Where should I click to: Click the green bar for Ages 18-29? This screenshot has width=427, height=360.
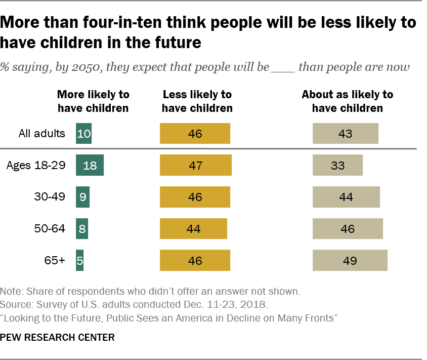pyautogui.click(x=90, y=166)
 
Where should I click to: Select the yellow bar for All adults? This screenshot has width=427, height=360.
pyautogui.click(x=195, y=134)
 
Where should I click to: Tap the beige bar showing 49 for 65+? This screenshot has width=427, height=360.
pyautogui.click(x=350, y=261)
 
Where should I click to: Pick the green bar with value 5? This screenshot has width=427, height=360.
pyautogui.click(x=80, y=261)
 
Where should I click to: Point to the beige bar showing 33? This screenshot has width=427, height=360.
pyautogui.click(x=337, y=166)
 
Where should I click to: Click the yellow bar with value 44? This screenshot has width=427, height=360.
pyautogui.click(x=193, y=229)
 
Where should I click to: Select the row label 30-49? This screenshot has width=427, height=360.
pyautogui.click(x=50, y=197)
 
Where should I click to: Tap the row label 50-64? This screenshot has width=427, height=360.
pyautogui.click(x=50, y=229)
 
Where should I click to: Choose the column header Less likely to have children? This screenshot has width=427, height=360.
pyautogui.click(x=197, y=101)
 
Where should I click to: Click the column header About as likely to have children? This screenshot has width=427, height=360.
pyautogui.click(x=347, y=101)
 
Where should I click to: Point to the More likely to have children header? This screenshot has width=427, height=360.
pyautogui.click(x=93, y=101)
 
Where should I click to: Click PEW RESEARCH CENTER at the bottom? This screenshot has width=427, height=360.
pyautogui.click(x=57, y=337)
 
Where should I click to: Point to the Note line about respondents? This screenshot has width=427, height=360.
pyautogui.click(x=150, y=292)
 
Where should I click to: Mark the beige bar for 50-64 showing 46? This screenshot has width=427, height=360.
pyautogui.click(x=348, y=229)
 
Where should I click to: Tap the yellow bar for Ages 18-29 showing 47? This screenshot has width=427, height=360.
pyautogui.click(x=195, y=166)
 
